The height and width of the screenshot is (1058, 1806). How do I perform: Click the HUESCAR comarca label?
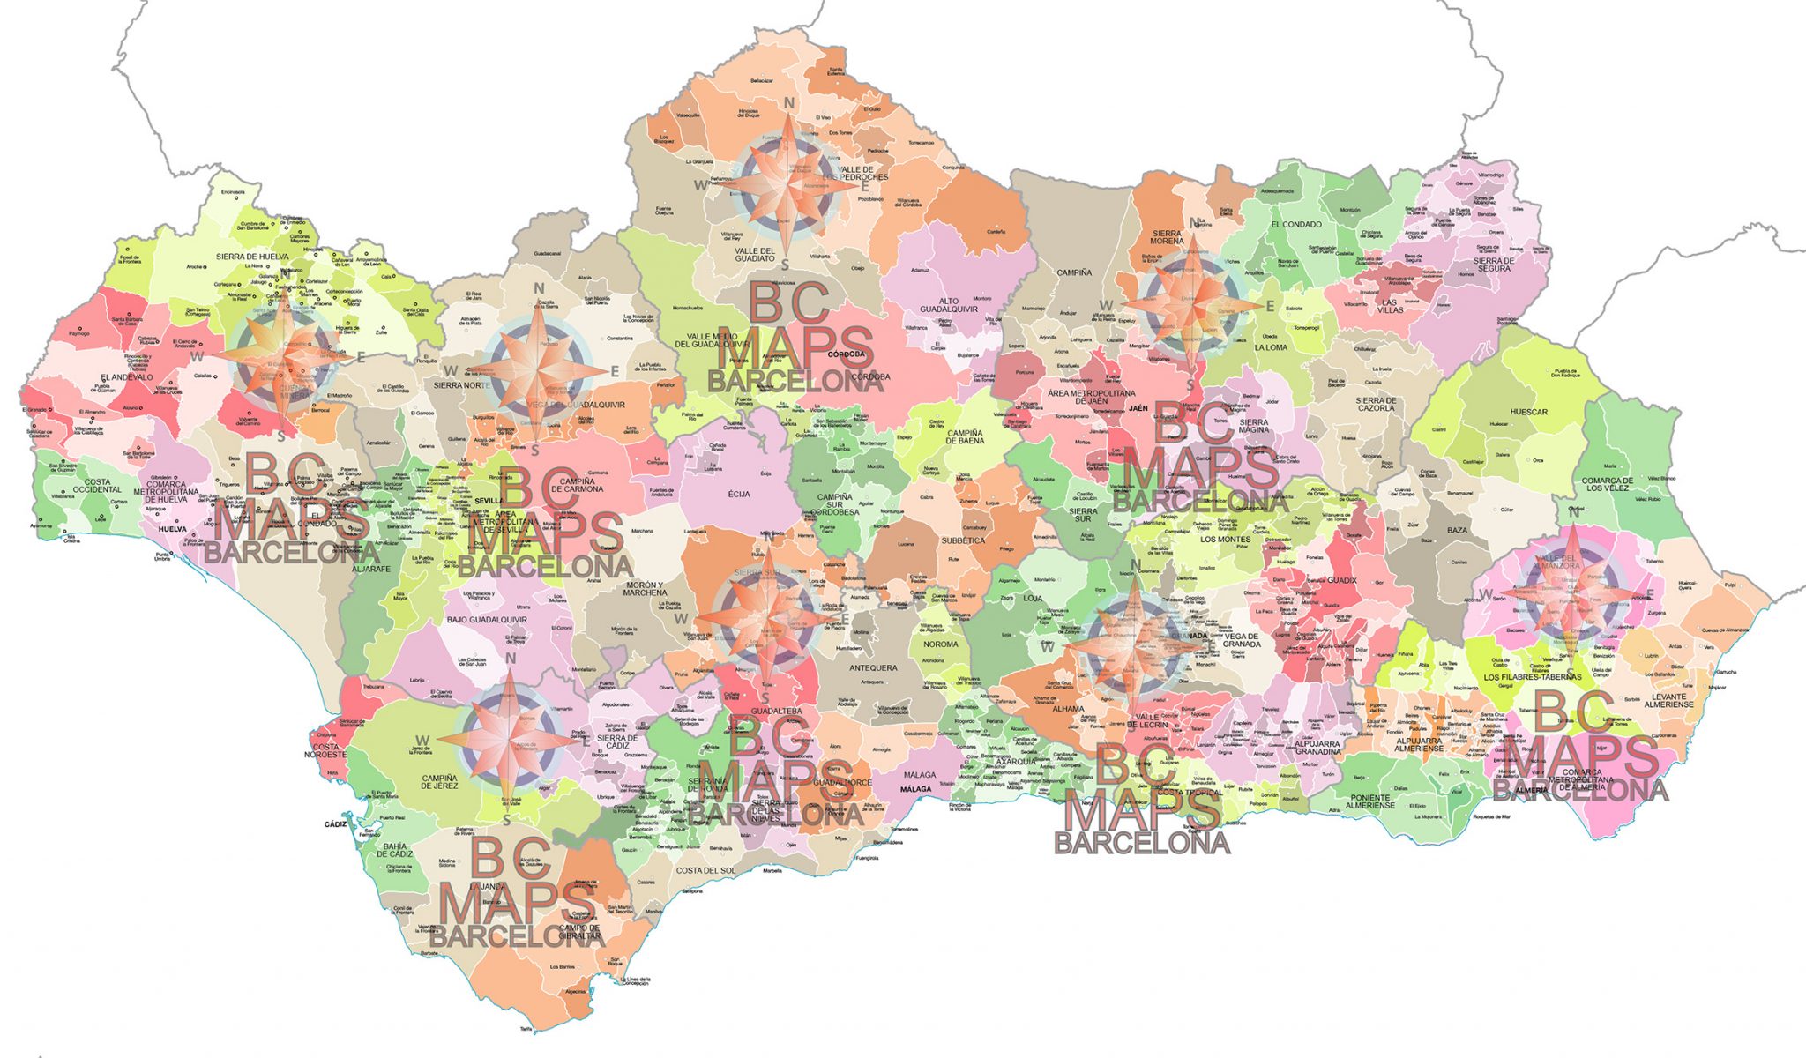1528,412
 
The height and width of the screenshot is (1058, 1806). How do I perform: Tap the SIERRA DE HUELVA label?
252,257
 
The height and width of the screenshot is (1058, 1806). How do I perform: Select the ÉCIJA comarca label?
739,495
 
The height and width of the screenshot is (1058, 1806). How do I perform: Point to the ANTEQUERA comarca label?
872,668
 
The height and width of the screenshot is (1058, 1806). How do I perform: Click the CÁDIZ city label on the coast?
336,824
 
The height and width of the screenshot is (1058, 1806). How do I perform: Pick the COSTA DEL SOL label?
705,870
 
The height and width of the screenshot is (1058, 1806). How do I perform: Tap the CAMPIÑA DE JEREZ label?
439,781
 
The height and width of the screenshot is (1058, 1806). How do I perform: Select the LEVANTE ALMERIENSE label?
1662,700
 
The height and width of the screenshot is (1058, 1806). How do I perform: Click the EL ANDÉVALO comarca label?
126,377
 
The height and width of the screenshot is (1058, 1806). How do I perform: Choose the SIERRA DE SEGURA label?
1494,264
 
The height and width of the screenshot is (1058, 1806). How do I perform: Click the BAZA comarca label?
1457,531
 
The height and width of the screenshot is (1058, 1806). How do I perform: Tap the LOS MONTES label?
1225,539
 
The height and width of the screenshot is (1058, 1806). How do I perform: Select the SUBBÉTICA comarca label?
962,540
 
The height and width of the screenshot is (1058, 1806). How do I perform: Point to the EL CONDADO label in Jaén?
1295,225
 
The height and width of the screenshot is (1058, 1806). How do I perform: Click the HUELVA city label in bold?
173,530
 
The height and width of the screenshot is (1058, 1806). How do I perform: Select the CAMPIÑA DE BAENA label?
965,436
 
